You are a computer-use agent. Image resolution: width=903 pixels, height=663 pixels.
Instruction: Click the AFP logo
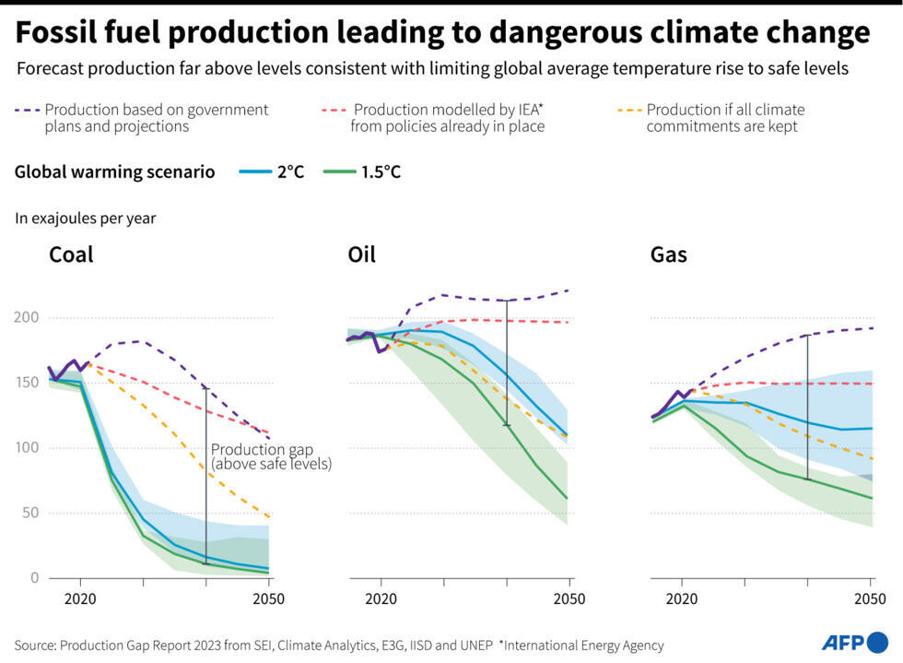tap(854, 642)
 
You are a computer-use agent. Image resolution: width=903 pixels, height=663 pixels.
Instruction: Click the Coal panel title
tap(71, 255)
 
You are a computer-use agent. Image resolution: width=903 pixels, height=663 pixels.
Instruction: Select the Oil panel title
tap(361, 255)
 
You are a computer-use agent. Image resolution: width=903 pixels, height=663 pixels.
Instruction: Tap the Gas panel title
tap(668, 255)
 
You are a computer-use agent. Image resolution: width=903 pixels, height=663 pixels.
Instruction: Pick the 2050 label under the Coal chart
tap(268, 598)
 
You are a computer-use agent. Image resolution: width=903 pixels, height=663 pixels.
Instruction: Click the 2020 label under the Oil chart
tap(380, 598)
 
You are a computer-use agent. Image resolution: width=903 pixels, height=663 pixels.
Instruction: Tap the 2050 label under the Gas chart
tap(871, 598)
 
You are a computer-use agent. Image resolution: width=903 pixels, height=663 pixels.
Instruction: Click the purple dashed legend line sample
tap(27, 111)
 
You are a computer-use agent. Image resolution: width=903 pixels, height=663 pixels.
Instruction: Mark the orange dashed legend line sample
tap(629, 111)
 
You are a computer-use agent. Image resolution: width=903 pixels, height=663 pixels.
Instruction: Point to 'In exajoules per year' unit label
tap(85, 219)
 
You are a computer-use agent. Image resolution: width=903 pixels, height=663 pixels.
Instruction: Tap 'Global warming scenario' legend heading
tap(114, 172)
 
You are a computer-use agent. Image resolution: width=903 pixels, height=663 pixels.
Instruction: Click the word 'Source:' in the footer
tap(35, 645)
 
